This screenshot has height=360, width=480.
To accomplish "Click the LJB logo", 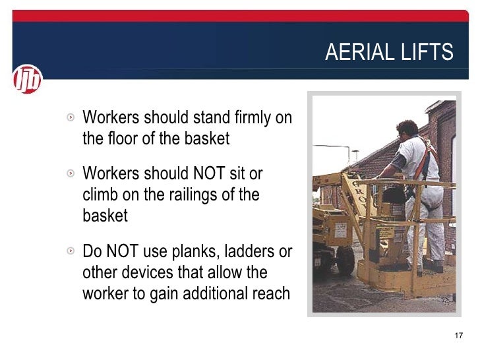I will click(x=27, y=80).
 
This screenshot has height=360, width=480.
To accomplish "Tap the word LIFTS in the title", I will click(x=429, y=52).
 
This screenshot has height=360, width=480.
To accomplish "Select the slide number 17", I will click(x=459, y=337).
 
